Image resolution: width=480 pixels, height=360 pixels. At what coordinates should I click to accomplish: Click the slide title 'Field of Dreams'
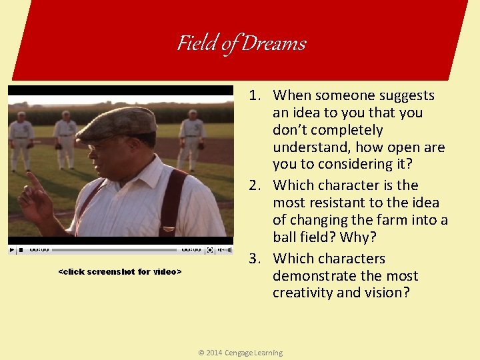coord(241,43)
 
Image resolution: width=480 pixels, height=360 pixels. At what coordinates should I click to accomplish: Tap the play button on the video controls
coord(11,250)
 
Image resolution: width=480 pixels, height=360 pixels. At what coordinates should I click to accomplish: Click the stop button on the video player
coord(21,250)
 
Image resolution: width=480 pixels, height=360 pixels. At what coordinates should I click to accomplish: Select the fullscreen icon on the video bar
coord(210,250)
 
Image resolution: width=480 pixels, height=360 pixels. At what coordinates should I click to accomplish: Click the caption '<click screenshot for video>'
coord(120,272)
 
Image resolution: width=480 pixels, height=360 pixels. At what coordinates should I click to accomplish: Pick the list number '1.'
coord(259,96)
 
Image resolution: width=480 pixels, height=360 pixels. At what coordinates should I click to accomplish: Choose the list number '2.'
coord(259,185)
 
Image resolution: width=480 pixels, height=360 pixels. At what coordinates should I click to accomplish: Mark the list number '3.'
coord(259,259)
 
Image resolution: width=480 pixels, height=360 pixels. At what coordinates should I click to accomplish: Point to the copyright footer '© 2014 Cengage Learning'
coord(240,353)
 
